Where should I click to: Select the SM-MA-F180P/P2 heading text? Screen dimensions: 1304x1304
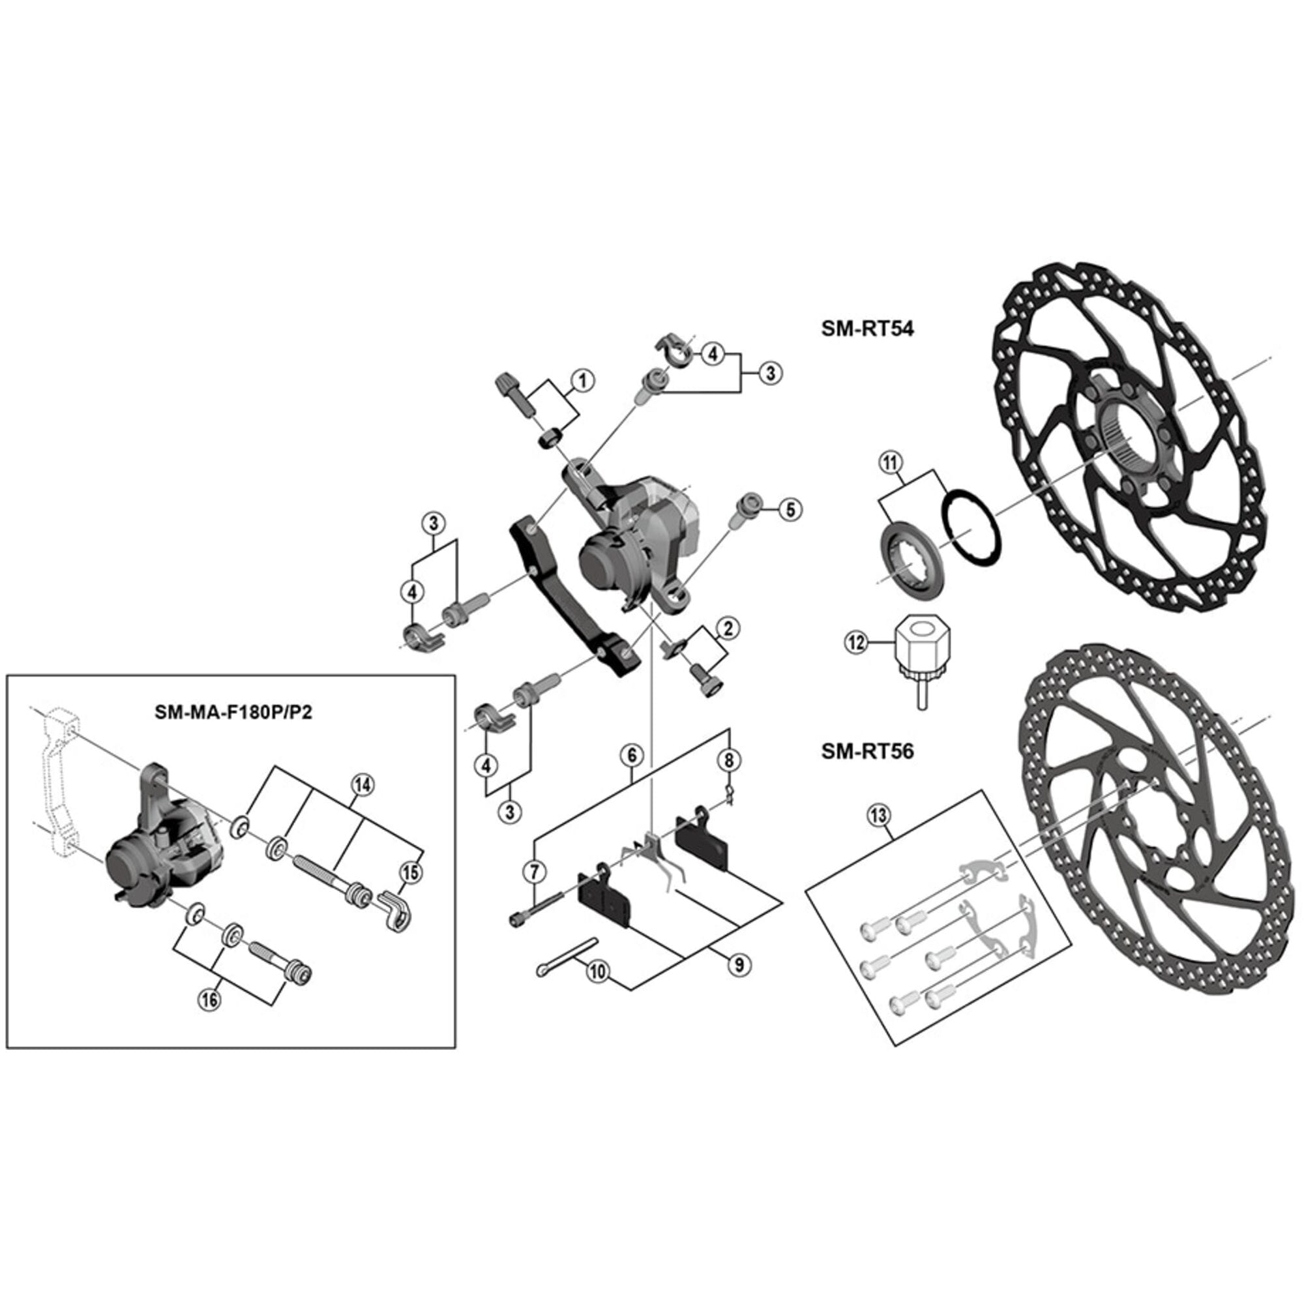pyautogui.click(x=233, y=713)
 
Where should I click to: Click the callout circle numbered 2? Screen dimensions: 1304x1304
pyautogui.click(x=728, y=629)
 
